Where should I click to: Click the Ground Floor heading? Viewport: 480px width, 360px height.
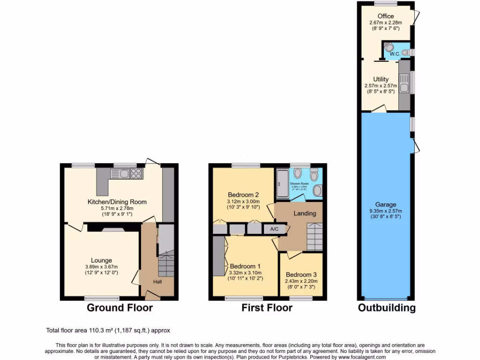pyautogui.click(x=120, y=308)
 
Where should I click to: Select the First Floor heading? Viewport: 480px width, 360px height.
pyautogui.click(x=267, y=308)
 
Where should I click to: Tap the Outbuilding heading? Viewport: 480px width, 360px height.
pyautogui.click(x=387, y=308)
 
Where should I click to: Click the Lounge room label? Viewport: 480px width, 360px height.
pyautogui.click(x=102, y=261)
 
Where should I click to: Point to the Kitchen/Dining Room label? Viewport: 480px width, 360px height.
pyautogui.click(x=117, y=202)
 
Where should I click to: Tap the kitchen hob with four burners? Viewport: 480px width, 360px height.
pyautogui.click(x=135, y=174)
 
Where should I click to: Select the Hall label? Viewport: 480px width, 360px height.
pyautogui.click(x=157, y=282)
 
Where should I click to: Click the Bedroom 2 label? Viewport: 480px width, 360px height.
pyautogui.click(x=243, y=195)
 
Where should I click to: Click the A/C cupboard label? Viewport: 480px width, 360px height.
pyautogui.click(x=274, y=229)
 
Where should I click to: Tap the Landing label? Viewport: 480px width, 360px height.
pyautogui.click(x=305, y=213)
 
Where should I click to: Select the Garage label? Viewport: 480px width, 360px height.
pyautogui.click(x=386, y=204)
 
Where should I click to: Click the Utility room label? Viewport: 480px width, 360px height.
pyautogui.click(x=381, y=79)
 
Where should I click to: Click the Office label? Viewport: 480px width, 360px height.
pyautogui.click(x=386, y=16)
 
